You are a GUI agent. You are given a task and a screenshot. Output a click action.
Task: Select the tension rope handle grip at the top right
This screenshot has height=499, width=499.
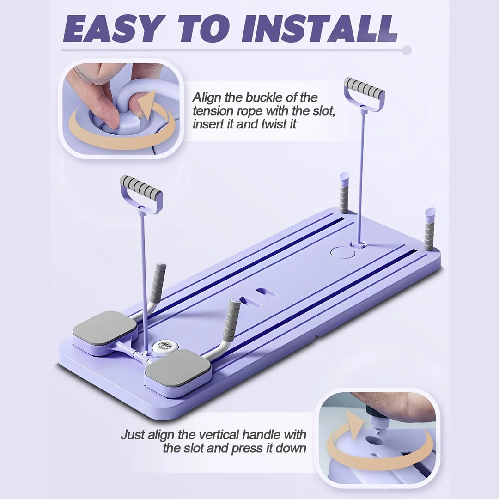pyautogui.click(x=364, y=88)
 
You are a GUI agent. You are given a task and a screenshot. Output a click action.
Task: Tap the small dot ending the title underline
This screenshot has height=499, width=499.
pyautogui.click(x=406, y=50)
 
